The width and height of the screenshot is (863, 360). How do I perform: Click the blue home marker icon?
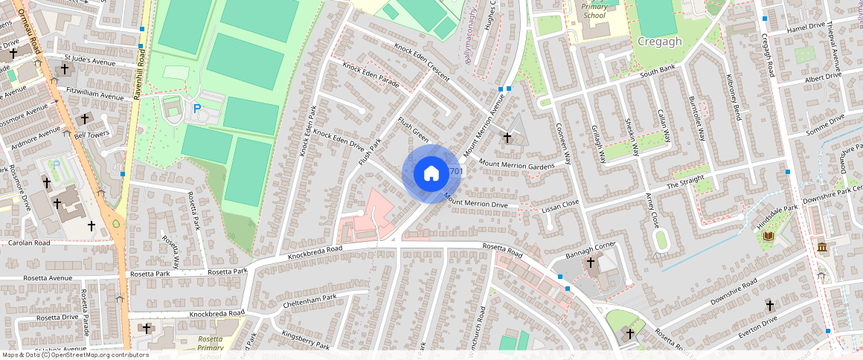point(431,174)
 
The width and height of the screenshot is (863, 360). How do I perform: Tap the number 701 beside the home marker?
point(456,172)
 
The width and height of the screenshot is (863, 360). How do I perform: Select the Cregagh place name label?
point(659,42)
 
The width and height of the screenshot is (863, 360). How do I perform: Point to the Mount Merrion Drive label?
point(475,201)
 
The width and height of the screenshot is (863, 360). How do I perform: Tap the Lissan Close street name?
point(559,203)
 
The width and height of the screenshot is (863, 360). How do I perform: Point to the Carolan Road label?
point(29,242)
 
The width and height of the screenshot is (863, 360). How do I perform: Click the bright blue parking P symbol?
point(197,109)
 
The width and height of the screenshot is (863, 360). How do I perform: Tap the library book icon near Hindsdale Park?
point(769,237)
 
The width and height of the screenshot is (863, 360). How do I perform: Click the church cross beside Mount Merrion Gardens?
point(508,138)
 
